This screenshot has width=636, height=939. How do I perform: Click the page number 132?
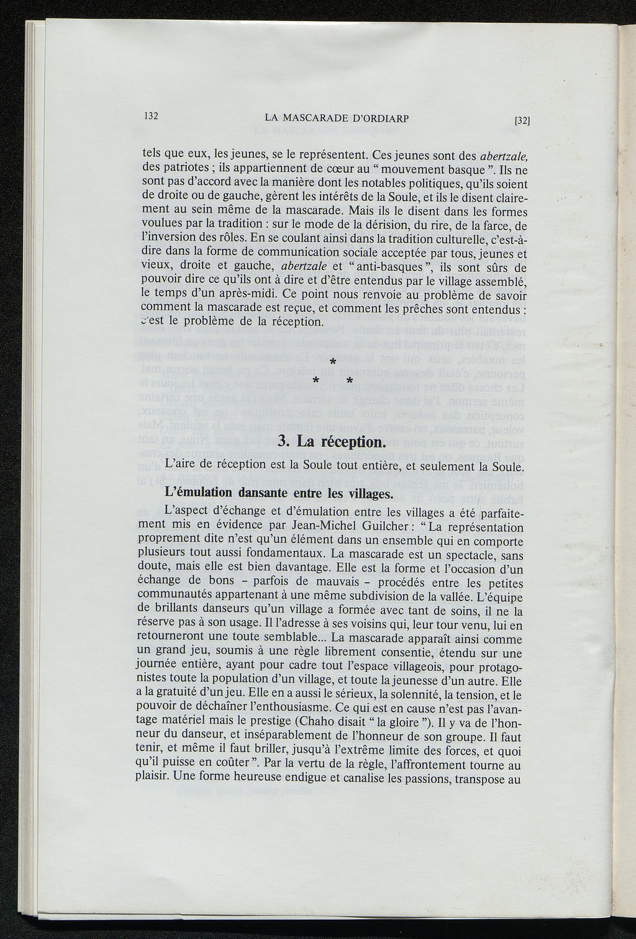[x=151, y=115]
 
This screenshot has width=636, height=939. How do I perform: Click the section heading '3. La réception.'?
[x=332, y=442]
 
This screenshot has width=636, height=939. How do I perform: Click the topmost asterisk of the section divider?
[x=334, y=362]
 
